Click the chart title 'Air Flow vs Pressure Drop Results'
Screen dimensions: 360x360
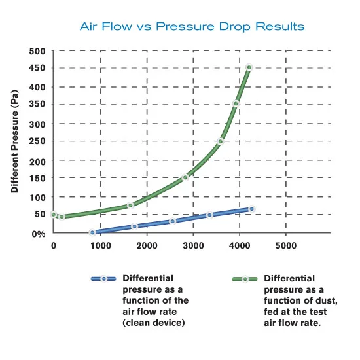click(191, 27)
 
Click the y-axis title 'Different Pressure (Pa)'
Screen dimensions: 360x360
click(14, 142)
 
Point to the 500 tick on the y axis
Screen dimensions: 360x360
click(37, 50)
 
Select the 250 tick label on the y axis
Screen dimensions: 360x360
click(37, 142)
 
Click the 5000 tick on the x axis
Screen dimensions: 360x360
click(285, 246)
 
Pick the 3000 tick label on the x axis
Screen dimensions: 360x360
click(193, 246)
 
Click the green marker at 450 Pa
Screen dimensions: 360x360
click(249, 67)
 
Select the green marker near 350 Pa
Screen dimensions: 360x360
click(236, 103)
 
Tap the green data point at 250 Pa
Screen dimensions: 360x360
click(221, 141)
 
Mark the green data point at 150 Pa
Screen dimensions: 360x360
click(185, 177)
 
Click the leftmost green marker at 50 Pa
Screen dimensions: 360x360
click(53, 214)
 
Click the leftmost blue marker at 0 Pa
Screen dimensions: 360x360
click(92, 232)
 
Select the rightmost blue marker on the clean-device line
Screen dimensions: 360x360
click(251, 209)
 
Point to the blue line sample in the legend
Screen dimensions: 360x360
click(103, 279)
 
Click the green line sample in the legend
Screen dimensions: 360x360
click(245, 279)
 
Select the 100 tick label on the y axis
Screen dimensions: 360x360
click(37, 197)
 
